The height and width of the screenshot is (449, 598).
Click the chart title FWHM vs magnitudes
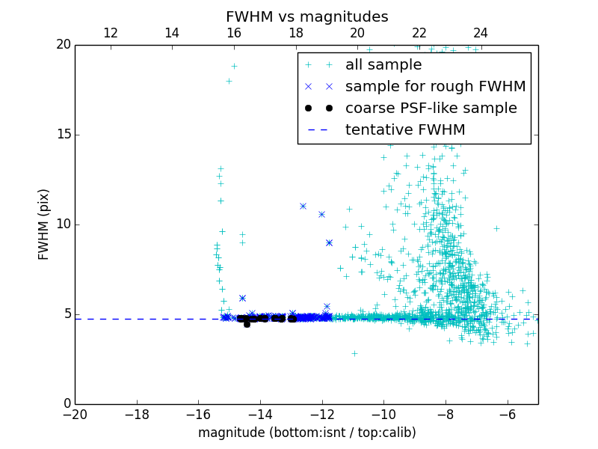click(306, 16)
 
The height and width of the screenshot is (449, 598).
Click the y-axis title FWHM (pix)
click(44, 224)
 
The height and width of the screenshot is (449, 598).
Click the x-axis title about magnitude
click(306, 433)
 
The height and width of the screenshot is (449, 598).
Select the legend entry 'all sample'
click(383, 65)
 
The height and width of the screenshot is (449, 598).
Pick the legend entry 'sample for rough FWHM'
click(435, 87)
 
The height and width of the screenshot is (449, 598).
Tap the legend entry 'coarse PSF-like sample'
click(431, 109)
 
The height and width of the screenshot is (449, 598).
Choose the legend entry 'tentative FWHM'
click(405, 130)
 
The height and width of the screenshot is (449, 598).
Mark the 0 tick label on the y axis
click(66, 404)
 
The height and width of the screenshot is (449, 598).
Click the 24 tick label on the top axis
click(481, 33)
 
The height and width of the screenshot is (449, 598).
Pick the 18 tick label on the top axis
click(296, 33)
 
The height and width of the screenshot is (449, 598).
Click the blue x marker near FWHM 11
click(303, 206)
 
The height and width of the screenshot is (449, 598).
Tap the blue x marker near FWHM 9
click(329, 242)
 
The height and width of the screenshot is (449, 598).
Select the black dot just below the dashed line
click(247, 324)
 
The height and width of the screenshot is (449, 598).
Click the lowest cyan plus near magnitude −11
click(354, 353)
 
